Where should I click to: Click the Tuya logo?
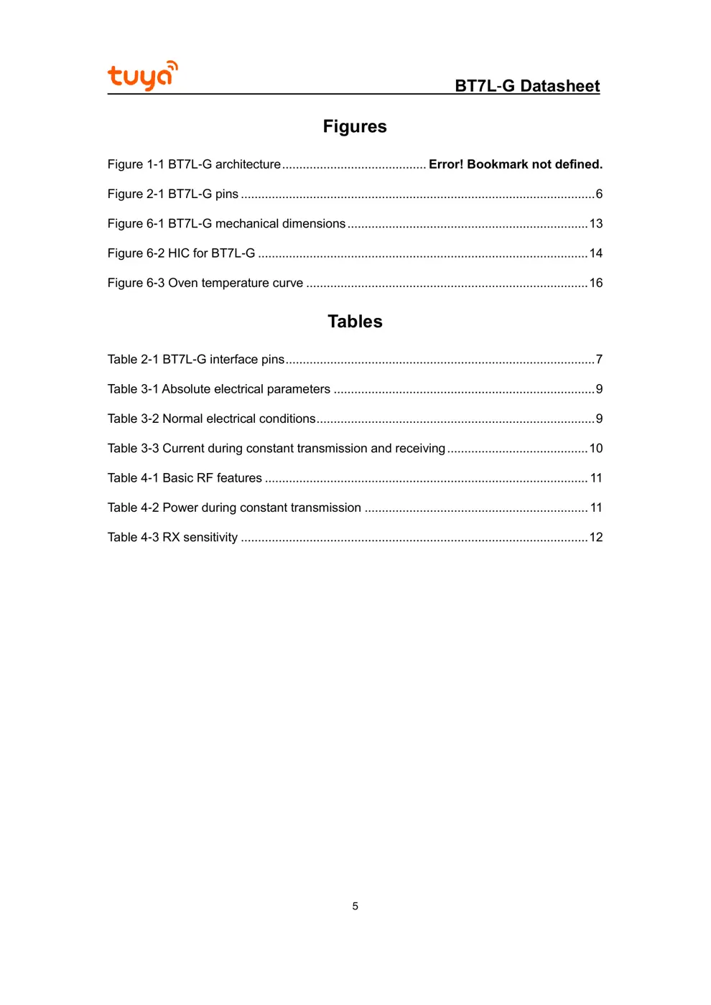pos(142,75)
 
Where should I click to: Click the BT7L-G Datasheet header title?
pos(526,86)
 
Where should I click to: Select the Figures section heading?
pos(355,127)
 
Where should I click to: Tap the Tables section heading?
pos(355,322)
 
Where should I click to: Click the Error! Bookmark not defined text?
pos(515,164)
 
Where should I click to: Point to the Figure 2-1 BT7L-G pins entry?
pos(173,195)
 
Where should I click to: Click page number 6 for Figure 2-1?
pos(599,195)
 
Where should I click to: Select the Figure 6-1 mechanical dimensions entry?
pos(226,224)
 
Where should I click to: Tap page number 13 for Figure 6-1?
pos(596,224)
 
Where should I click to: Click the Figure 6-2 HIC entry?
pos(181,253)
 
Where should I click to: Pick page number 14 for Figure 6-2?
pos(596,253)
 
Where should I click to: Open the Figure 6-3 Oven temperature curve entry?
pos(205,284)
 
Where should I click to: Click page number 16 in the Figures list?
pos(596,284)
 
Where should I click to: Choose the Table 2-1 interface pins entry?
pos(196,360)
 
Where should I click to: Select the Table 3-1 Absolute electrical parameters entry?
pos(219,389)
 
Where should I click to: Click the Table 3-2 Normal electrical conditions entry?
pos(211,419)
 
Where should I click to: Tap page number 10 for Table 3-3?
pos(596,449)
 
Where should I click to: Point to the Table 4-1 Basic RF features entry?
pos(185,478)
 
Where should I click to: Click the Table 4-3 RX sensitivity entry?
pos(172,538)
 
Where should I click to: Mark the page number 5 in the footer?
pos(355,907)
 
